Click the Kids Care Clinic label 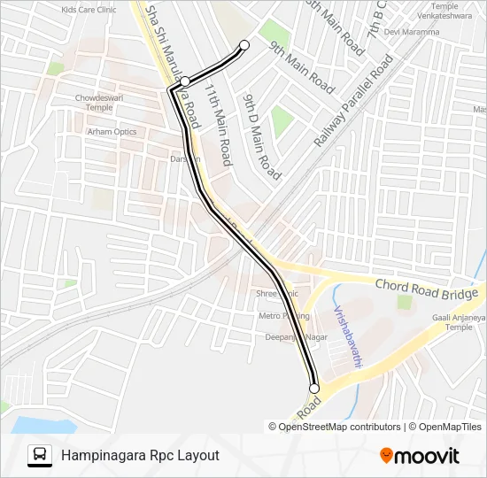pyautogui.click(x=89, y=9)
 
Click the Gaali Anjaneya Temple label pyautogui.click(x=459, y=322)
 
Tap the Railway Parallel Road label pyautogui.click(x=353, y=102)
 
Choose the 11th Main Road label pyautogui.click(x=218, y=126)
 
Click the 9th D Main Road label pyautogui.click(x=261, y=137)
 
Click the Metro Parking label pyautogui.click(x=283, y=316)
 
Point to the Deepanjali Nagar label pyautogui.click(x=291, y=337)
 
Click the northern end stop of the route pyautogui.click(x=244, y=45)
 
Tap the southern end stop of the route pyautogui.click(x=313, y=388)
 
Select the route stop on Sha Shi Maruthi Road pyautogui.click(x=185, y=81)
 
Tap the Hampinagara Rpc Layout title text pyautogui.click(x=140, y=455)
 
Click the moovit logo pyautogui.click(x=420, y=456)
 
